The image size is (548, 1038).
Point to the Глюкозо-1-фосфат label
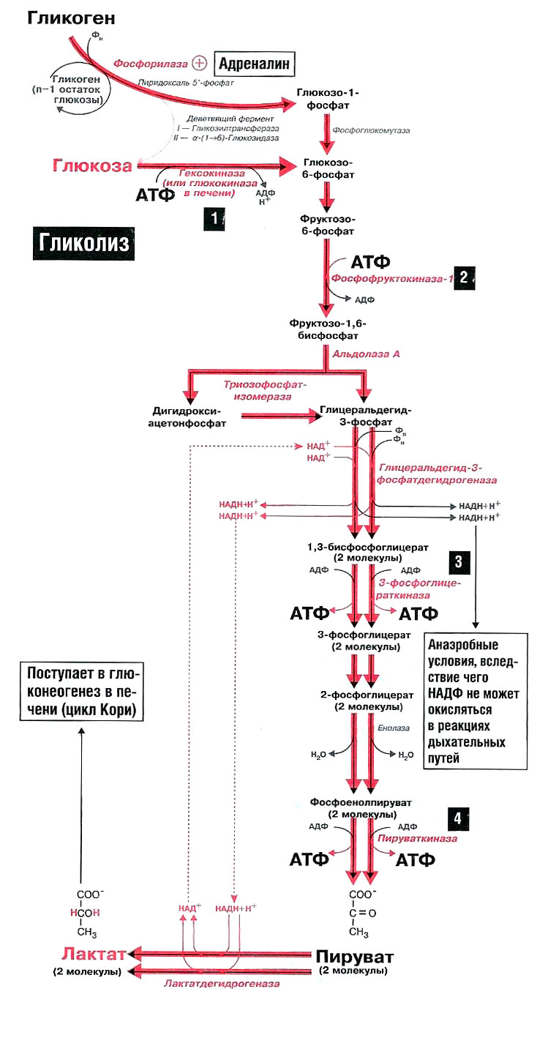(x=327, y=100)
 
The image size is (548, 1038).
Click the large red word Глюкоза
(x=92, y=165)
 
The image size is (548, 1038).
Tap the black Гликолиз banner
(x=82, y=243)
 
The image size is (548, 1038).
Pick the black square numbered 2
(x=464, y=277)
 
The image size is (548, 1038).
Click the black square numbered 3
(x=458, y=562)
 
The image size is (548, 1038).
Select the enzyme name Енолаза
(x=393, y=728)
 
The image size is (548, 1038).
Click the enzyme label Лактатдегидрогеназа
(x=221, y=984)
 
